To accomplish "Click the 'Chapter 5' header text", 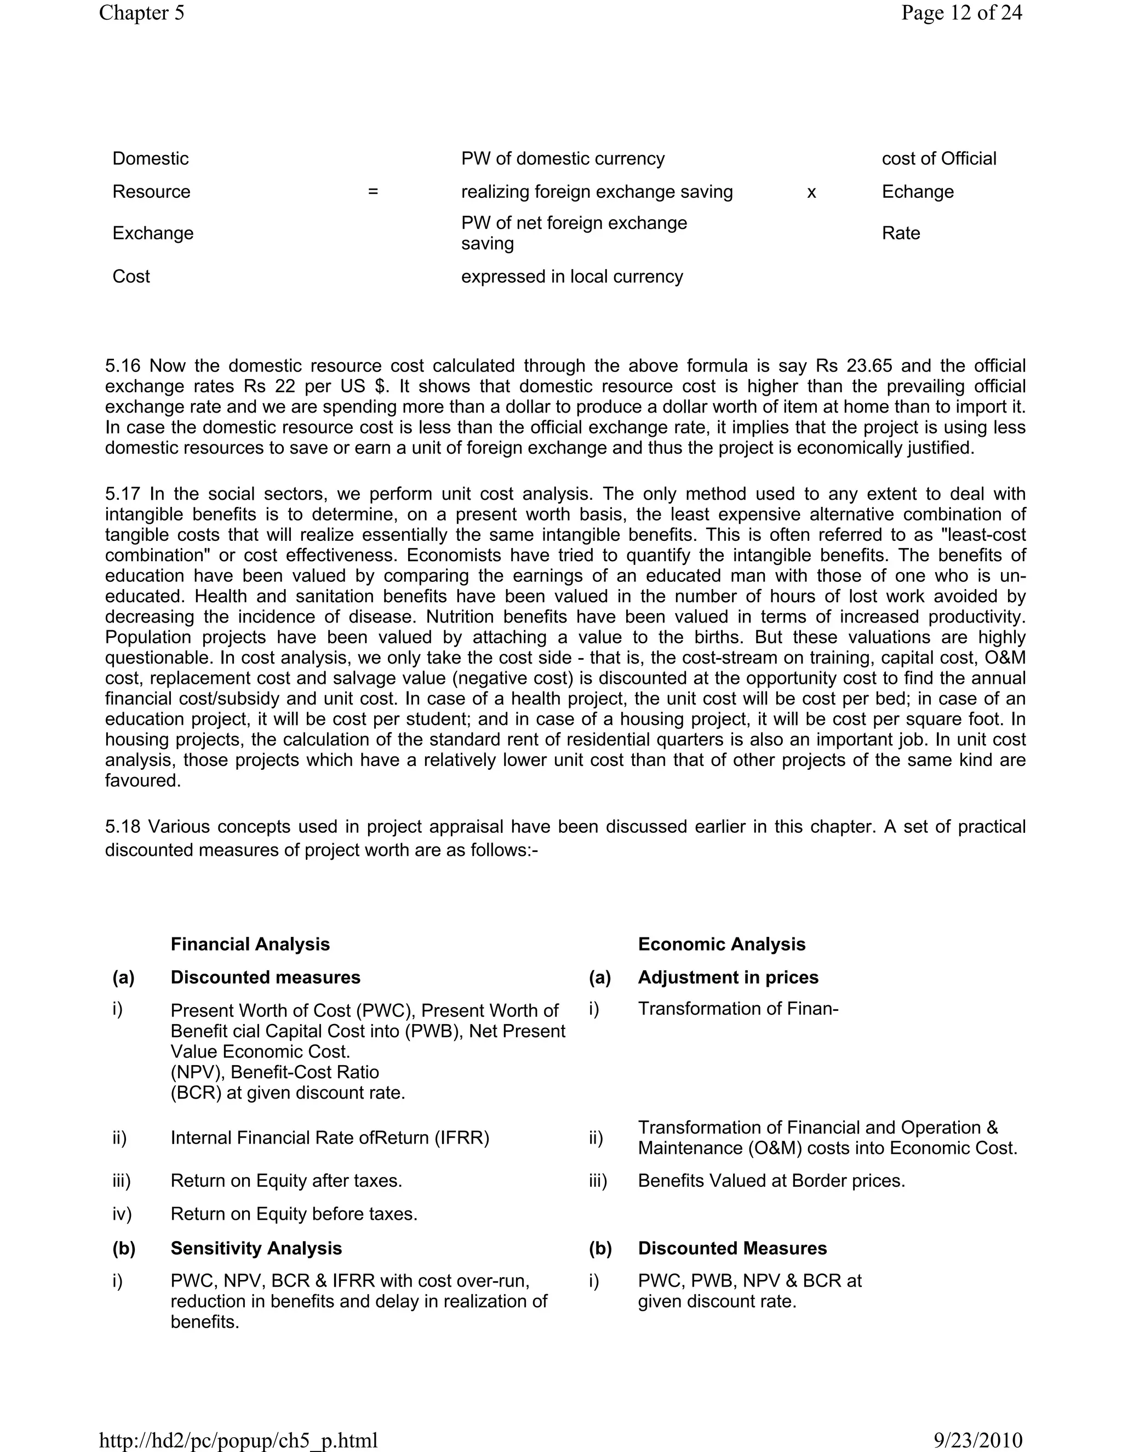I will [141, 13].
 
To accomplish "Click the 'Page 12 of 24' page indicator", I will [961, 13].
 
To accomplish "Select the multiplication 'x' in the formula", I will [811, 193].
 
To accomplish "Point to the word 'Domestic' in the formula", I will [150, 159].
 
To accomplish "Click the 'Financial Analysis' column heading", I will [250, 944].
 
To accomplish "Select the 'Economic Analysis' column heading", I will [721, 944].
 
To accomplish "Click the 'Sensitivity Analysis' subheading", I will [256, 1248].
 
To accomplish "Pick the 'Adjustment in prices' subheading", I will [728, 977].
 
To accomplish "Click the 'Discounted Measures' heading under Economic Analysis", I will [732, 1248].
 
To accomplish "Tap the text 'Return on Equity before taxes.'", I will [294, 1214].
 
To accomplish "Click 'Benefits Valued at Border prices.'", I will [771, 1181].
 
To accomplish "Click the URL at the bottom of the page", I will [238, 1440].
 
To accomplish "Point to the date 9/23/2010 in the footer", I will [978, 1440].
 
